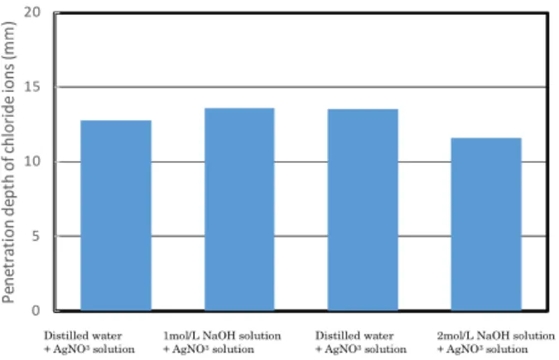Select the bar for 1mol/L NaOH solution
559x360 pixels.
click(239, 209)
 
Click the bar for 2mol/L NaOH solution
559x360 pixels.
click(486, 224)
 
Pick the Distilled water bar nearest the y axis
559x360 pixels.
click(116, 216)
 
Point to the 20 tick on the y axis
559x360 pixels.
click(32, 12)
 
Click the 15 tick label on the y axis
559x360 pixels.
click(32, 87)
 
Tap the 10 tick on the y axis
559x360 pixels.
click(32, 161)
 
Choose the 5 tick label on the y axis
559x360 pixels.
click(36, 236)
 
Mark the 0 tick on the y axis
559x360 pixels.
click(36, 310)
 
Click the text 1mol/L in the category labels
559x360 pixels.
click(181, 336)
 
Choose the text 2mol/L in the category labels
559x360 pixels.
click(455, 336)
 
